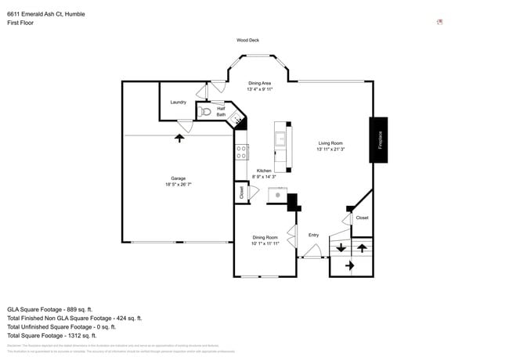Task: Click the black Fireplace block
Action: (x=378, y=140)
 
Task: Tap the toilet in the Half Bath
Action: (x=204, y=113)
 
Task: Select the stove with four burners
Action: (x=242, y=152)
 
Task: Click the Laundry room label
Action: (x=178, y=103)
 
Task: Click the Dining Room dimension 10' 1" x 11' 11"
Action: (x=265, y=243)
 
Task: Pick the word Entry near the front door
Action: (x=313, y=235)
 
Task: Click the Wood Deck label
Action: (x=247, y=40)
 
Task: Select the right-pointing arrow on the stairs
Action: (x=349, y=266)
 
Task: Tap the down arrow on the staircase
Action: (x=341, y=248)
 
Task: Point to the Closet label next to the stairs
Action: (x=362, y=218)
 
